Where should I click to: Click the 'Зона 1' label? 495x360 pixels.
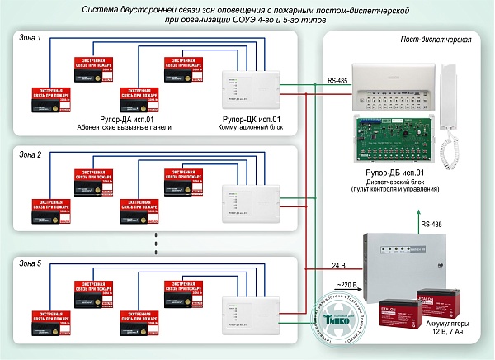click(x=30, y=38)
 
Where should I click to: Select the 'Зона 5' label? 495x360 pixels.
click(x=30, y=262)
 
